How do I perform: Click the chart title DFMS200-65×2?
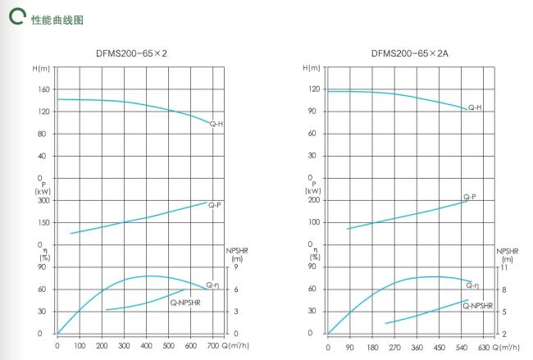pyautogui.click(x=132, y=53)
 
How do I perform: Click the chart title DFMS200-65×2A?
pyautogui.click(x=403, y=53)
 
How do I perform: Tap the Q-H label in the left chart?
pyautogui.click(x=216, y=124)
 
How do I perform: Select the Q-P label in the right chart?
pyautogui.click(x=470, y=197)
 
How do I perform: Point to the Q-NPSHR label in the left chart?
pyautogui.click(x=185, y=303)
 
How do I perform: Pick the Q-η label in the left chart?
pyautogui.click(x=212, y=285)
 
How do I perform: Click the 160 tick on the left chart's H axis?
pyautogui.click(x=44, y=89)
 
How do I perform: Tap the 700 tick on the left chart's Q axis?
pyautogui.click(x=213, y=347)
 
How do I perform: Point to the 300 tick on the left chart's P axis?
pyautogui.click(x=44, y=200)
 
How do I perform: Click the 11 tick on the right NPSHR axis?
pyautogui.click(x=505, y=267)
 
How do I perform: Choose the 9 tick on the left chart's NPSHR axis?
pyautogui.click(x=236, y=267)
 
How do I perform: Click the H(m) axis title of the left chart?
pyautogui.click(x=42, y=67)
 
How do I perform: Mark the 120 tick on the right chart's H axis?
pyautogui.click(x=313, y=89)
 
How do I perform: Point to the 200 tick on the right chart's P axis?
pyautogui.click(x=313, y=200)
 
